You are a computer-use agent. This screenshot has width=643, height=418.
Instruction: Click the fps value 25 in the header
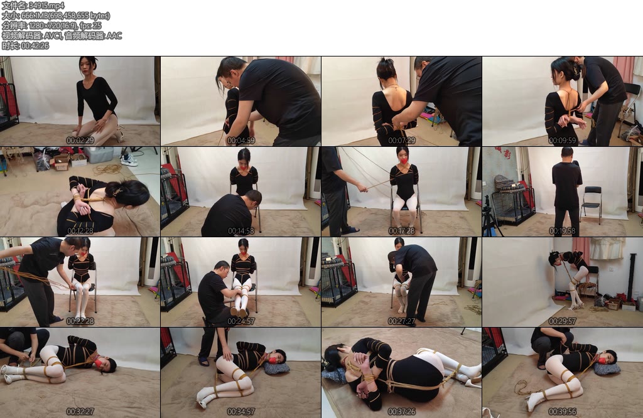tap(97, 25)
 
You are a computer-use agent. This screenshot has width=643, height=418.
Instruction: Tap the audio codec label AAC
tap(114, 36)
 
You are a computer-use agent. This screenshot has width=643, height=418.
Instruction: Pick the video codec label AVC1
tap(53, 36)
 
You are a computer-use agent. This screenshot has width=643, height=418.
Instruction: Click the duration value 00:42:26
tap(35, 45)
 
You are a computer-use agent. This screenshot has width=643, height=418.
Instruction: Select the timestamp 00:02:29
tap(80, 141)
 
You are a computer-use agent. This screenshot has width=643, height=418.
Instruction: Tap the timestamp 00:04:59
tap(240, 141)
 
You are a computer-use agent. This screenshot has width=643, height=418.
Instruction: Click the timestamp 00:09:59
tap(562, 141)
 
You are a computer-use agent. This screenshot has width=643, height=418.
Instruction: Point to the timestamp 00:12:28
tap(80, 231)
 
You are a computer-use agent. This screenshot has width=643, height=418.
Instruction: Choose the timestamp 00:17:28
tap(401, 231)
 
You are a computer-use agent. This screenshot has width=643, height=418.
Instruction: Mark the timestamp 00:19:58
tap(562, 231)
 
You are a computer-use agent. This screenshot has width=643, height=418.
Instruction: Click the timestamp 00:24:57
tap(240, 321)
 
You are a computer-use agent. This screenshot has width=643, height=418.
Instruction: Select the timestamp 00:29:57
tap(562, 321)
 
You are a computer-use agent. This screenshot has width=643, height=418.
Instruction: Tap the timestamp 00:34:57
tap(240, 412)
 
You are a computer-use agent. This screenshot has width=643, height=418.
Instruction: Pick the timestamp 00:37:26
tap(401, 412)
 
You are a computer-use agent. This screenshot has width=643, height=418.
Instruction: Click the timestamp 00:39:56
tap(562, 412)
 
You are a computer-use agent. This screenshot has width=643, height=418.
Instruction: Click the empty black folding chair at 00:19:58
tap(592, 203)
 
